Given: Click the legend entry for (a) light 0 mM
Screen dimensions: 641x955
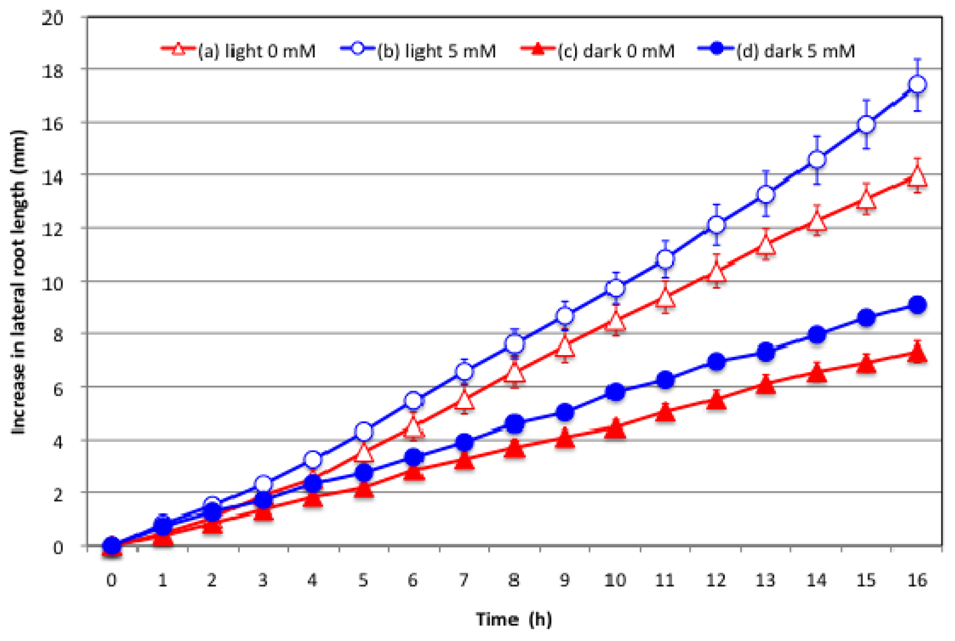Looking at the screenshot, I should pyautogui.click(x=238, y=50).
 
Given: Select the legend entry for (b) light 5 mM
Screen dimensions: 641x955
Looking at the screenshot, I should pyautogui.click(x=419, y=50).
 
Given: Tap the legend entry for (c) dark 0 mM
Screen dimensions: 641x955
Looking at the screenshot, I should pyautogui.click(x=598, y=50).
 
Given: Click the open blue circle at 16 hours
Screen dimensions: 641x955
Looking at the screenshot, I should pyautogui.click(x=917, y=85).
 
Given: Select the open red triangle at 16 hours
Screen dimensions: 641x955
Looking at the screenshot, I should pyautogui.click(x=917, y=177).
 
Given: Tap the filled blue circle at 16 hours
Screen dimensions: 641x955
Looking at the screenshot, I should pyautogui.click(x=917, y=305).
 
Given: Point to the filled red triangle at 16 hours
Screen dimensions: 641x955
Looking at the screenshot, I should pyautogui.click(x=917, y=353).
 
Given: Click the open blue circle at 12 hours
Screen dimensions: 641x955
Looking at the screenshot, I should pyautogui.click(x=716, y=225).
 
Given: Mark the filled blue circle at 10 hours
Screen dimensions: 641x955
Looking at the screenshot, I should pyautogui.click(x=615, y=392).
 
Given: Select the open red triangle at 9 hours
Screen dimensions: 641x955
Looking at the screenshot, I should pyautogui.click(x=565, y=347).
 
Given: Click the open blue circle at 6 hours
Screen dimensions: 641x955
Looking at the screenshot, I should pyautogui.click(x=414, y=401).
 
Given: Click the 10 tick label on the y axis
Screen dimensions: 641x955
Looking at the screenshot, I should pyautogui.click(x=54, y=283).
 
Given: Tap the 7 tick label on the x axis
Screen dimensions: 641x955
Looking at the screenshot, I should pyautogui.click(x=464, y=580).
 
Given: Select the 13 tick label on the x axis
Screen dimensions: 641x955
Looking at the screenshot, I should pyautogui.click(x=765, y=580).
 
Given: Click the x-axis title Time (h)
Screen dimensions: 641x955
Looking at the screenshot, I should pyautogui.click(x=514, y=619).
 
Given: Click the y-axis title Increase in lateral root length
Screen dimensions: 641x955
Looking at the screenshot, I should pyautogui.click(x=18, y=282).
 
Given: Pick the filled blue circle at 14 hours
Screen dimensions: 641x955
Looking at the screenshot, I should pyautogui.click(x=817, y=335).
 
